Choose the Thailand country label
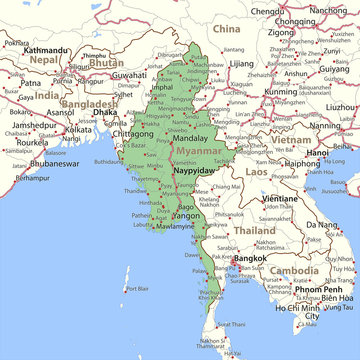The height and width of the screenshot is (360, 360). click(x=255, y=230)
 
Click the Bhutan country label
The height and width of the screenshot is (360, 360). click(x=105, y=62)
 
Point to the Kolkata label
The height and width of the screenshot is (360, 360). click(x=78, y=129)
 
